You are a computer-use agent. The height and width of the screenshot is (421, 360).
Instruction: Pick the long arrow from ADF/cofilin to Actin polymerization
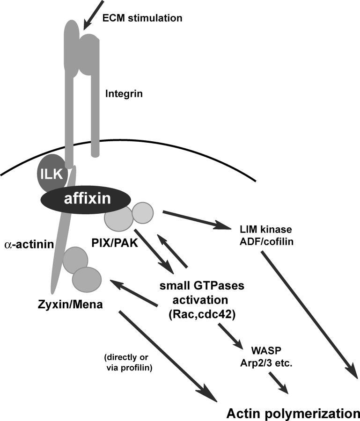[308, 313]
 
